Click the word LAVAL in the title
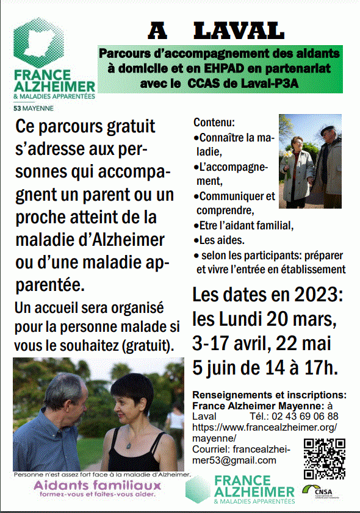coord(239,30)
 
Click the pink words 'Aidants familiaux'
coord(98,486)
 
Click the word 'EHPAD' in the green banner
coord(234,70)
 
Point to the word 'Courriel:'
coord(212,450)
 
